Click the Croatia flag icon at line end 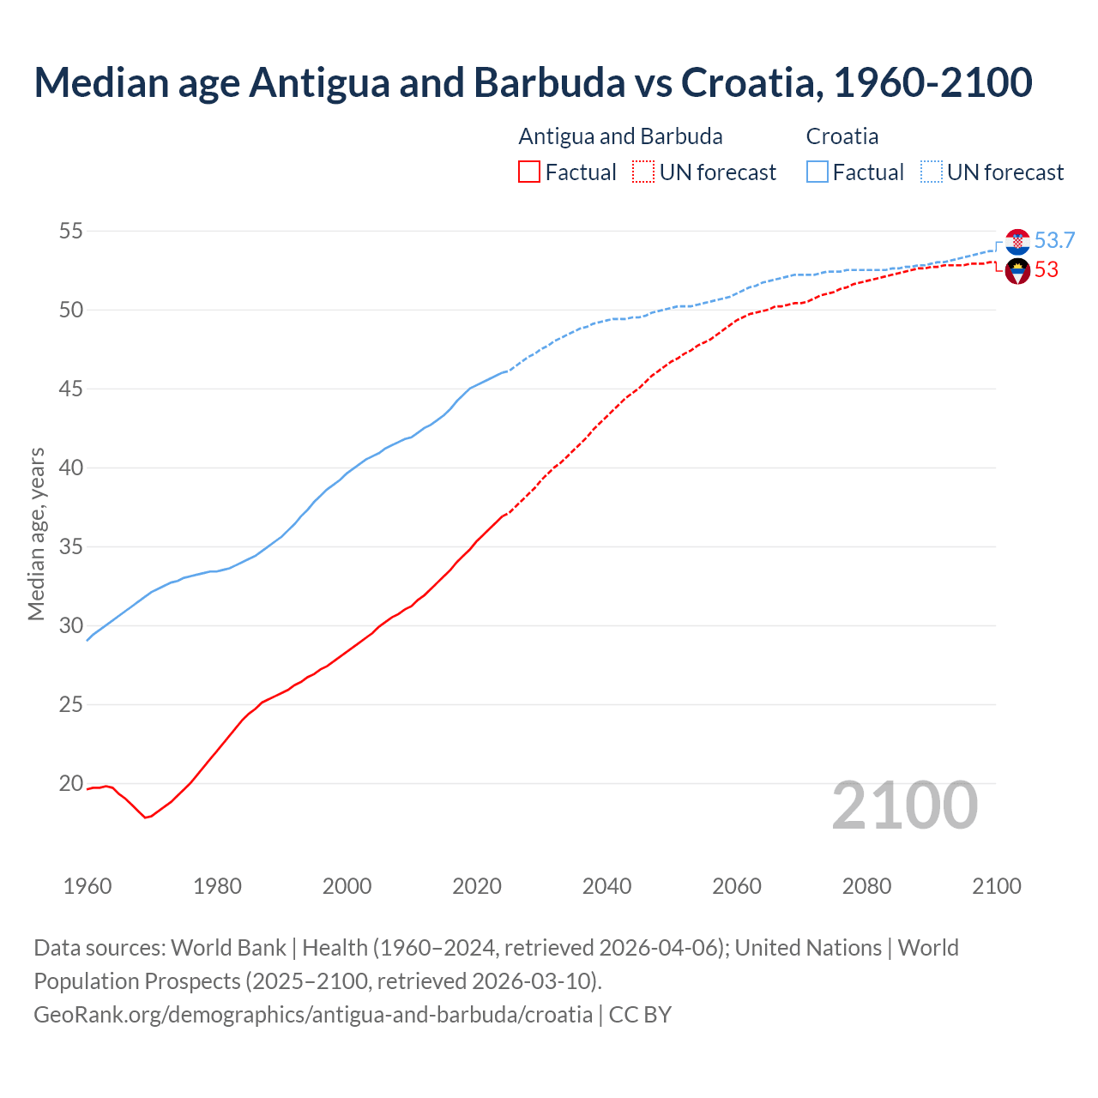1017,242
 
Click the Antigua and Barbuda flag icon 1017,271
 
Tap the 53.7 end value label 1054,241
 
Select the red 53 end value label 1046,270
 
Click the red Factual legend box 529,172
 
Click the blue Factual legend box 817,172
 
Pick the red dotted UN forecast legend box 643,172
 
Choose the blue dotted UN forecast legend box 931,172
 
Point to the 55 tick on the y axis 70,231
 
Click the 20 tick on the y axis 70,783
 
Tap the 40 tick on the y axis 70,468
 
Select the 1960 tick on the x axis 87,886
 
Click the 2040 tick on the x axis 606,886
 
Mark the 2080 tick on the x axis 866,886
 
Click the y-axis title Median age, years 36,534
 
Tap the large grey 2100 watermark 904,805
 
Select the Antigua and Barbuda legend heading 620,136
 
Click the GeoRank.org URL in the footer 313,1015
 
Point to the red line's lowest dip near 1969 146,817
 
